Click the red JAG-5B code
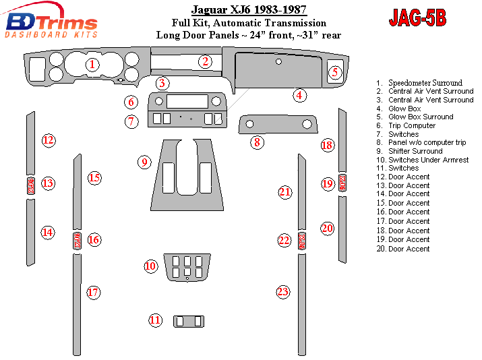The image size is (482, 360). [417, 18]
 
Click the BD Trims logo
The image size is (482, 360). [51, 21]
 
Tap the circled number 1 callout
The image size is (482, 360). [92, 65]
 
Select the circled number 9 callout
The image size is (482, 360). [144, 162]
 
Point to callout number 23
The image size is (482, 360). [283, 292]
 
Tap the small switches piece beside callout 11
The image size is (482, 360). [189, 322]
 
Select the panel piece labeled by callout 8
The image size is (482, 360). [278, 124]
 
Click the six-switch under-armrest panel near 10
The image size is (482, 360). [187, 267]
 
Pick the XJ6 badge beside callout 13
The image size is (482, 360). [31, 185]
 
